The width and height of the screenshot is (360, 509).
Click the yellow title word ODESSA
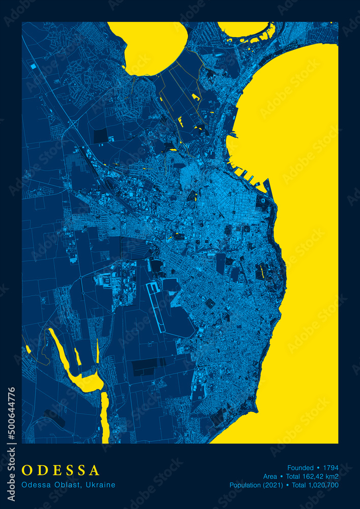coord(61,470)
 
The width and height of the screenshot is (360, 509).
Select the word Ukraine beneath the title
coord(100,485)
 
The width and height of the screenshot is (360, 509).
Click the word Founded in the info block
coord(300,467)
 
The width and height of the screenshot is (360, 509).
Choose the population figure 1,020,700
coord(321,485)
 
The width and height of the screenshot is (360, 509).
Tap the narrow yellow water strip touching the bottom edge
coord(105,417)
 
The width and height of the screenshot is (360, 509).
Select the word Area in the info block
coord(270,476)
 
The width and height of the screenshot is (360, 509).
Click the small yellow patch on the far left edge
coord(28,349)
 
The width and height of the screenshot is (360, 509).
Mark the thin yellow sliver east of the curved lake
coord(97,351)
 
